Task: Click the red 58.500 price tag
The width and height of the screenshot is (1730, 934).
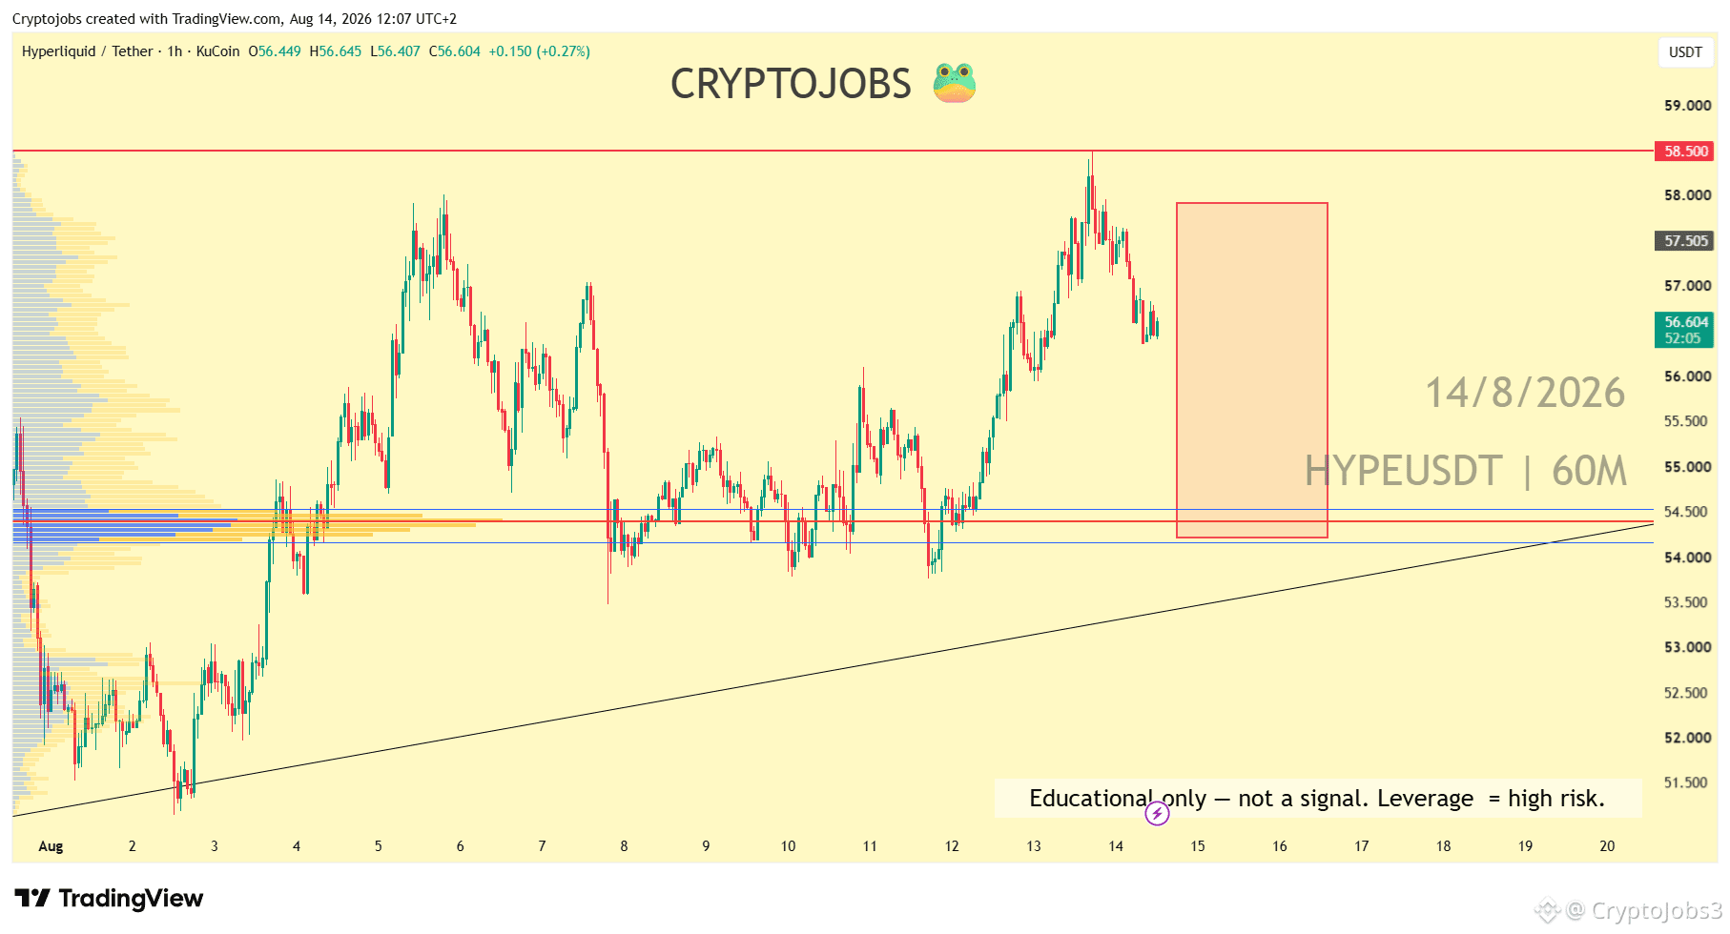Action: point(1684,152)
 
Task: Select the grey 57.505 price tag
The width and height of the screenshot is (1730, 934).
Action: point(1684,241)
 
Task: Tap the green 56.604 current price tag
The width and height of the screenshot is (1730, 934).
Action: point(1684,330)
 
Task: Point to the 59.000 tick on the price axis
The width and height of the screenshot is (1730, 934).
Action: point(1687,106)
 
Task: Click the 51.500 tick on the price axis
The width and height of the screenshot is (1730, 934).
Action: point(1687,782)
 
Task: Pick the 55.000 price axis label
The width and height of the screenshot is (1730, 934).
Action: point(1687,467)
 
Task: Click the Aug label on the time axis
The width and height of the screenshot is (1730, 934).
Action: point(51,846)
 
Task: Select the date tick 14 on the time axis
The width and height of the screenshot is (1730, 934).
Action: point(1116,846)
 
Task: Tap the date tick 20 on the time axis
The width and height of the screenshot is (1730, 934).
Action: point(1607,846)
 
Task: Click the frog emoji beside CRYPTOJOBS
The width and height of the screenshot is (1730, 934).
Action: point(955,83)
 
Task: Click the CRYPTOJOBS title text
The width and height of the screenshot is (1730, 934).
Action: point(791,84)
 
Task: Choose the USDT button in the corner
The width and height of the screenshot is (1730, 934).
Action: point(1685,52)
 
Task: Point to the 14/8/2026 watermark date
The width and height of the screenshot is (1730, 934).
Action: point(1525,393)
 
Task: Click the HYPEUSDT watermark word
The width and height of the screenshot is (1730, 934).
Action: point(1403,471)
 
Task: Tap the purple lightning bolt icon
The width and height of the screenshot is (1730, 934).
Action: point(1157,813)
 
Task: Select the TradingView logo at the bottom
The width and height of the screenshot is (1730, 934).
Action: point(109,899)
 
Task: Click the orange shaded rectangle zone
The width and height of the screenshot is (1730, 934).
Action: point(1252,371)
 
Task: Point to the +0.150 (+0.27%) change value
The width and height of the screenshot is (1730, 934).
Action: point(539,51)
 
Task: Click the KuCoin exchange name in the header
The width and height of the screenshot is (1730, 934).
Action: point(217,51)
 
